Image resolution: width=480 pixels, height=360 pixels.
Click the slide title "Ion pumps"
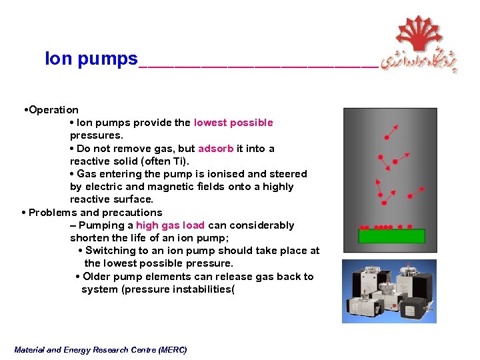[91, 59]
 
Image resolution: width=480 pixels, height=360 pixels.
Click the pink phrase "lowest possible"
[233, 123]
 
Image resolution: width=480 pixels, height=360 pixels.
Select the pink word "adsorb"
[215, 149]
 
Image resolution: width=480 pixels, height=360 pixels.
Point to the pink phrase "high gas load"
[170, 225]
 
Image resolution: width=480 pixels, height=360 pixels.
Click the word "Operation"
[53, 110]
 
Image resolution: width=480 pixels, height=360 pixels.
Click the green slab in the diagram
[391, 235]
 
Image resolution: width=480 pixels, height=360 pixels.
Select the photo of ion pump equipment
[389, 291]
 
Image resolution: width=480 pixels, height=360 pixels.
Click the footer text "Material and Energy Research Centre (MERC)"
[100, 350]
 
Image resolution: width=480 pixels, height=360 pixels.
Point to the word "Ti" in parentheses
[178, 161]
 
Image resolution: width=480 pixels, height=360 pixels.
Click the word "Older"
[98, 277]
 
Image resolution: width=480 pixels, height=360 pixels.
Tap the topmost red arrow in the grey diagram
[391, 131]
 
